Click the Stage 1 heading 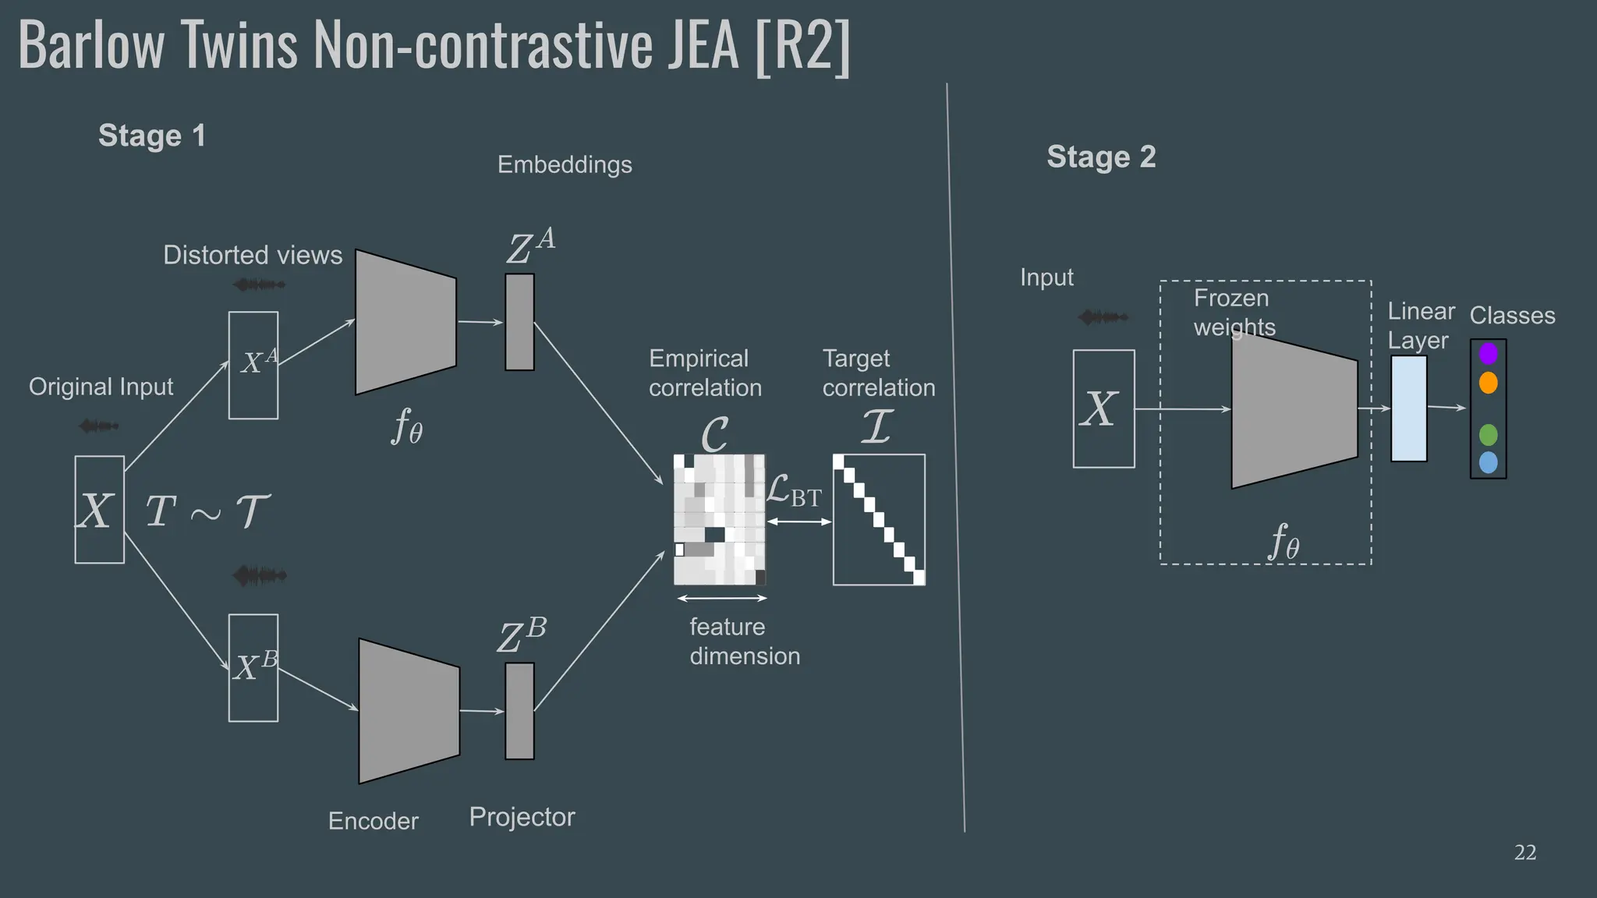coord(151,136)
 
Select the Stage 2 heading coord(1100,157)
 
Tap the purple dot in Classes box coord(1488,354)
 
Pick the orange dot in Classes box coord(1488,383)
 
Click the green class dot coord(1488,434)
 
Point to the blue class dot coord(1488,463)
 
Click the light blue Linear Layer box coord(1408,408)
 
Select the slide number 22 coord(1524,853)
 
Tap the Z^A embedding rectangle coord(519,321)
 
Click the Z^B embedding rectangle coord(519,711)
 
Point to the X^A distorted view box coord(253,365)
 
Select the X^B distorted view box coord(253,668)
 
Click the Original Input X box coord(99,510)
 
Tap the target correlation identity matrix coord(879,520)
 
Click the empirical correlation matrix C coord(719,520)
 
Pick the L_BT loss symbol coord(794,493)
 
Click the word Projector coord(522,817)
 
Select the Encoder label coord(373,821)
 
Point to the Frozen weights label coord(1234,312)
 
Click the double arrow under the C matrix coord(722,599)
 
